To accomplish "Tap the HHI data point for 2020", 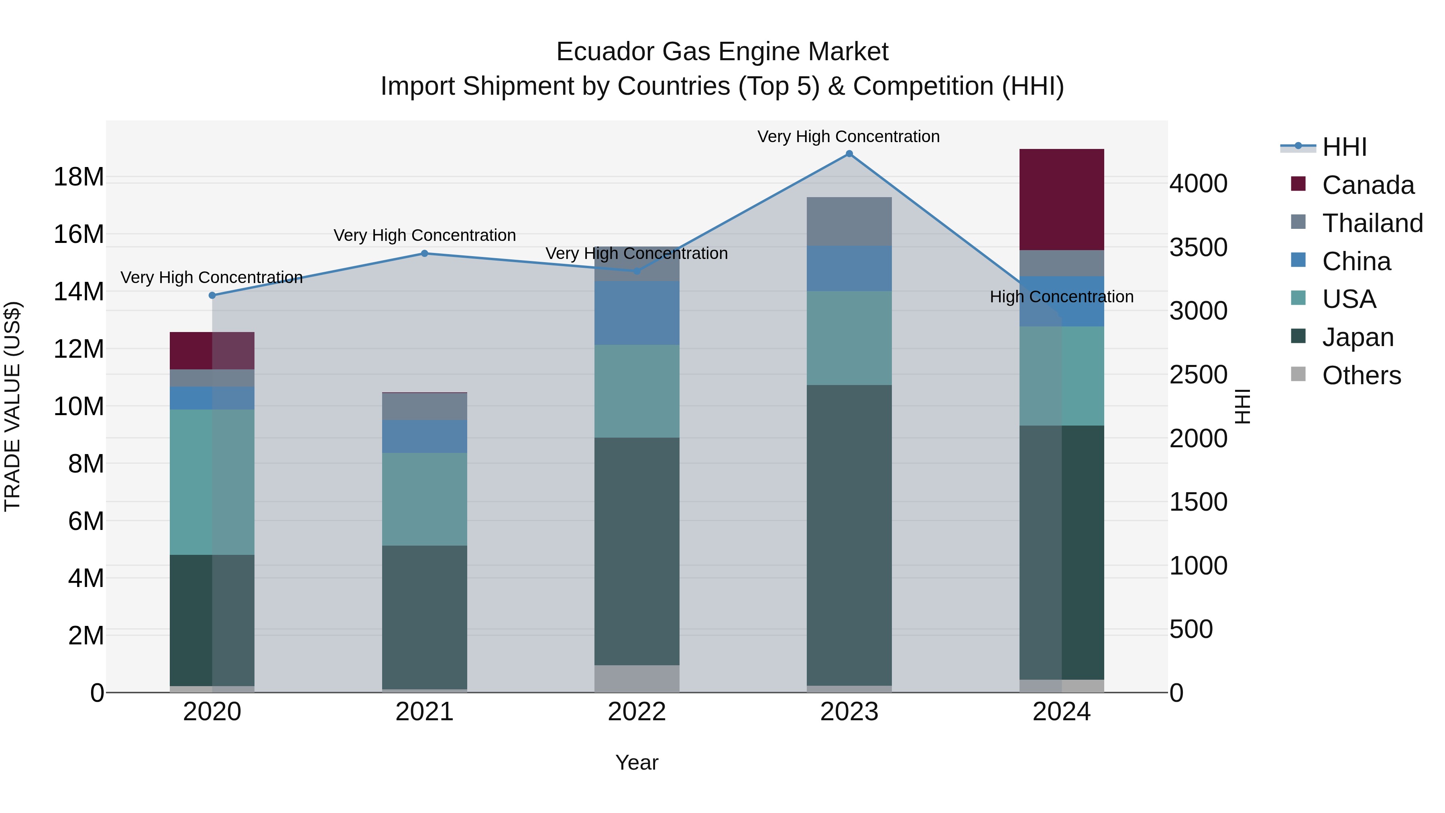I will click(212, 295).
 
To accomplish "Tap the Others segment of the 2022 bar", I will click(637, 679).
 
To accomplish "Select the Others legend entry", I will click(1362, 375).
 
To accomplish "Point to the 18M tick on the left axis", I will click(79, 177).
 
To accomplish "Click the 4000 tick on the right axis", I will click(1198, 184).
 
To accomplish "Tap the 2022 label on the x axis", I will click(637, 712).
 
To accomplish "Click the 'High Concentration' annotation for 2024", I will click(1061, 297).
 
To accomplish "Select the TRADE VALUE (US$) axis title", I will click(12, 406).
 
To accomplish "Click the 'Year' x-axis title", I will click(637, 762).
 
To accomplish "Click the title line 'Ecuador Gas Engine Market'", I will click(722, 52).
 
